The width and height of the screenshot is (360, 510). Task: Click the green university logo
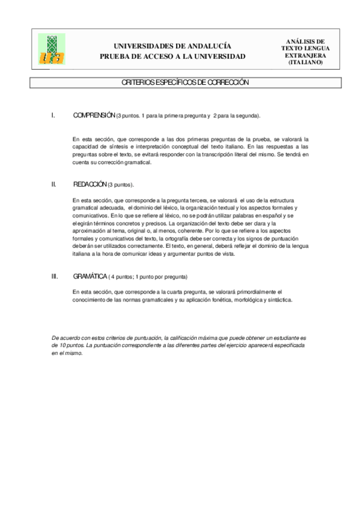52,49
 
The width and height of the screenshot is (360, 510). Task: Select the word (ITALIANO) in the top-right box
305,62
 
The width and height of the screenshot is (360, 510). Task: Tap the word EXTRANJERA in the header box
305,55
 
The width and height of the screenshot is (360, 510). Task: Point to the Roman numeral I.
54,115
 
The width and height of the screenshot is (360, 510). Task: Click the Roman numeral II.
55,185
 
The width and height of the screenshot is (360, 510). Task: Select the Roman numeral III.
55,277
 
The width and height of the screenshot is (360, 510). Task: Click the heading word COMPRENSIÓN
94,115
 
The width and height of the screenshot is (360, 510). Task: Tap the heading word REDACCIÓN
90,185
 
